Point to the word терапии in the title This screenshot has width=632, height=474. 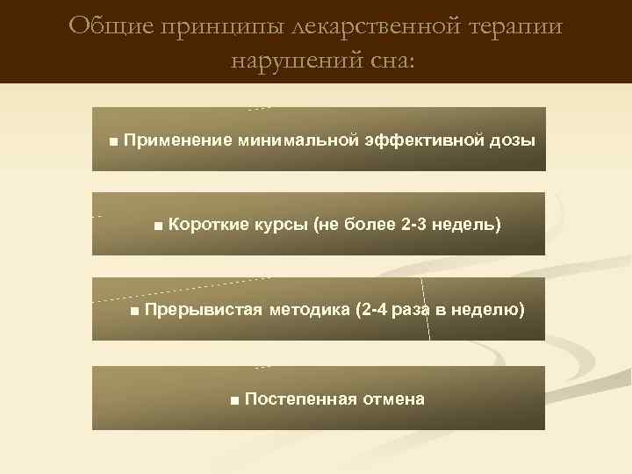(x=517, y=27)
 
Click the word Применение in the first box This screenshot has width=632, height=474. (x=177, y=140)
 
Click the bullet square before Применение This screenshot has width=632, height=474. (x=114, y=140)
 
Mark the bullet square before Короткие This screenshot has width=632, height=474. (x=157, y=226)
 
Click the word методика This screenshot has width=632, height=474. (x=312, y=309)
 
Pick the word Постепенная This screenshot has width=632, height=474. (x=301, y=399)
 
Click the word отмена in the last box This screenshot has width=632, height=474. (x=393, y=399)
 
